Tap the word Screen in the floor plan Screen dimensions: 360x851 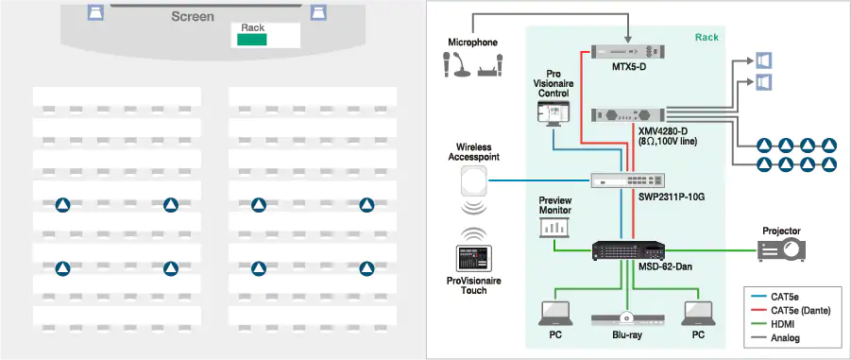pyautogui.click(x=193, y=17)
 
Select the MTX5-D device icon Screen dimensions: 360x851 pyautogui.click(x=622, y=52)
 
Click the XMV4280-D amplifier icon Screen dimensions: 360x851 pyautogui.click(x=622, y=115)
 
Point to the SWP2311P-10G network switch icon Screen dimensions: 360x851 pyautogui.click(x=622, y=180)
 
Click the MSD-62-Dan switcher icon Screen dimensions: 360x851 pyautogui.click(x=623, y=250)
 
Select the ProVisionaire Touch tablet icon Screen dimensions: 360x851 pyautogui.click(x=469, y=259)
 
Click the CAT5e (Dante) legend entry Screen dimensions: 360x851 pyautogui.click(x=799, y=310)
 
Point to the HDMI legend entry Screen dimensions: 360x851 pyautogui.click(x=784, y=324)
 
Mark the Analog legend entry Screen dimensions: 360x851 pyautogui.click(x=786, y=337)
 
